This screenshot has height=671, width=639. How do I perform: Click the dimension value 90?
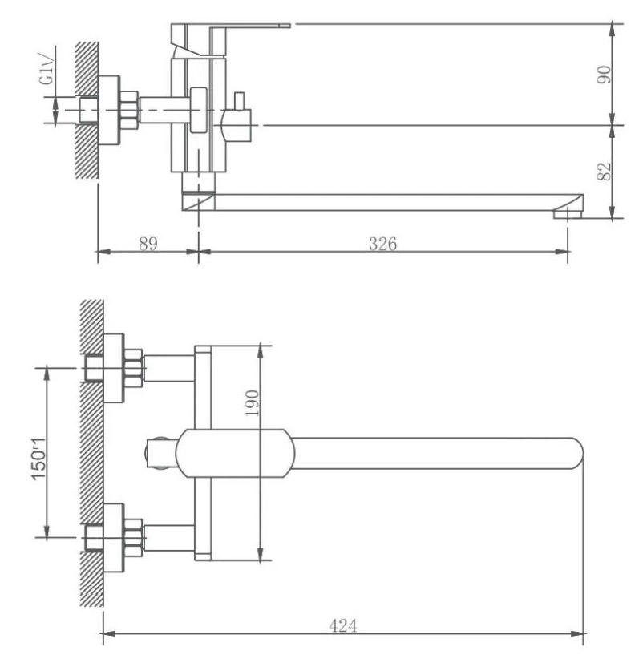click(605, 75)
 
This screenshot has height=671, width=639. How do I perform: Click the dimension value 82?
click(605, 172)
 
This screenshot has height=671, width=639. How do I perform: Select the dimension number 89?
click(148, 244)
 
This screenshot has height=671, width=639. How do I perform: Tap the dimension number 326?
click(382, 244)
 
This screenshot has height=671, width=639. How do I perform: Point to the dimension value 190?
click(252, 402)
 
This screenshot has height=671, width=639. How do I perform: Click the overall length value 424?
click(343, 625)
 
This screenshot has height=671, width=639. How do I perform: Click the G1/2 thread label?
click(47, 68)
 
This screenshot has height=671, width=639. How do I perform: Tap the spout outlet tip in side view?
click(568, 213)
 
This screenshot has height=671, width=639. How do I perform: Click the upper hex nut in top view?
click(132, 369)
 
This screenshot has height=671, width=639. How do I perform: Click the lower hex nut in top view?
click(132, 538)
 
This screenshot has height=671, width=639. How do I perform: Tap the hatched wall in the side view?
click(87, 110)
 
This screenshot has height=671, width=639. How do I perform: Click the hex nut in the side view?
click(129, 111)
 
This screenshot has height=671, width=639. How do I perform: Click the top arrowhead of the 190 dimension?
click(259, 351)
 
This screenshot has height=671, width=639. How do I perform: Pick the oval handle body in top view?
click(236, 453)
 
